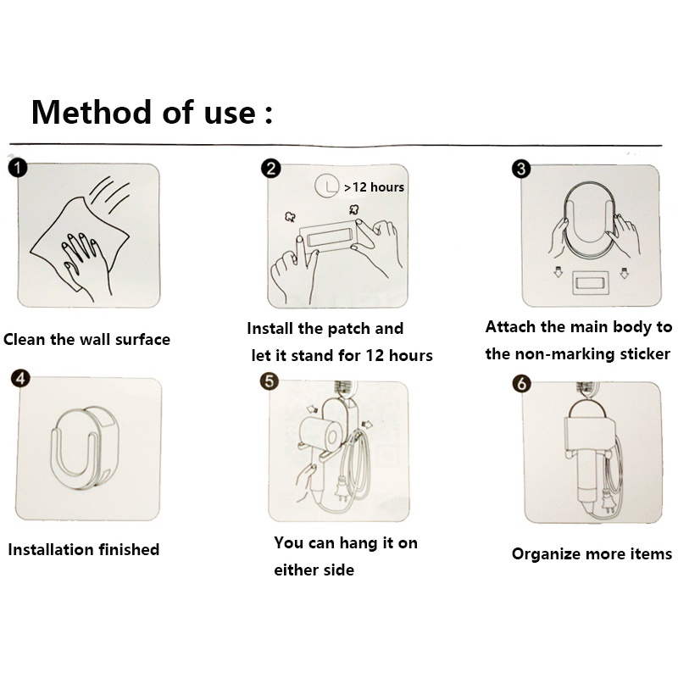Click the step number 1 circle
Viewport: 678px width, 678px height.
click(x=18, y=168)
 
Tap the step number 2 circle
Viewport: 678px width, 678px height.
click(x=270, y=169)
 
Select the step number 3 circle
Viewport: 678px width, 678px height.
click(x=521, y=169)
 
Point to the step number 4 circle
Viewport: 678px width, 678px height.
click(x=20, y=378)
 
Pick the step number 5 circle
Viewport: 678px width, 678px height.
click(x=270, y=381)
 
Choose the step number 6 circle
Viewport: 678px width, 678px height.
click(x=521, y=384)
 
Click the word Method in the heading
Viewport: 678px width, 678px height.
click(x=91, y=113)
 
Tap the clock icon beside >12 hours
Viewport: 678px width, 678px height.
click(x=326, y=186)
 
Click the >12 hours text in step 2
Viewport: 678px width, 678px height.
click(x=374, y=187)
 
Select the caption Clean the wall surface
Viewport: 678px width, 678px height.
click(x=86, y=340)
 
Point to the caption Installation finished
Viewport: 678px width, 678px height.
click(x=83, y=549)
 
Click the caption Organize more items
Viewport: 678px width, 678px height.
click(x=592, y=554)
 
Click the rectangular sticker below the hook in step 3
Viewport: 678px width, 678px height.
click(x=591, y=283)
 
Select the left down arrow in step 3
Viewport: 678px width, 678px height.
click(x=558, y=272)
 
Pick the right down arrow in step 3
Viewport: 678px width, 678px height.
click(x=624, y=273)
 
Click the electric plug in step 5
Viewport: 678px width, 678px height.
click(x=342, y=489)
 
